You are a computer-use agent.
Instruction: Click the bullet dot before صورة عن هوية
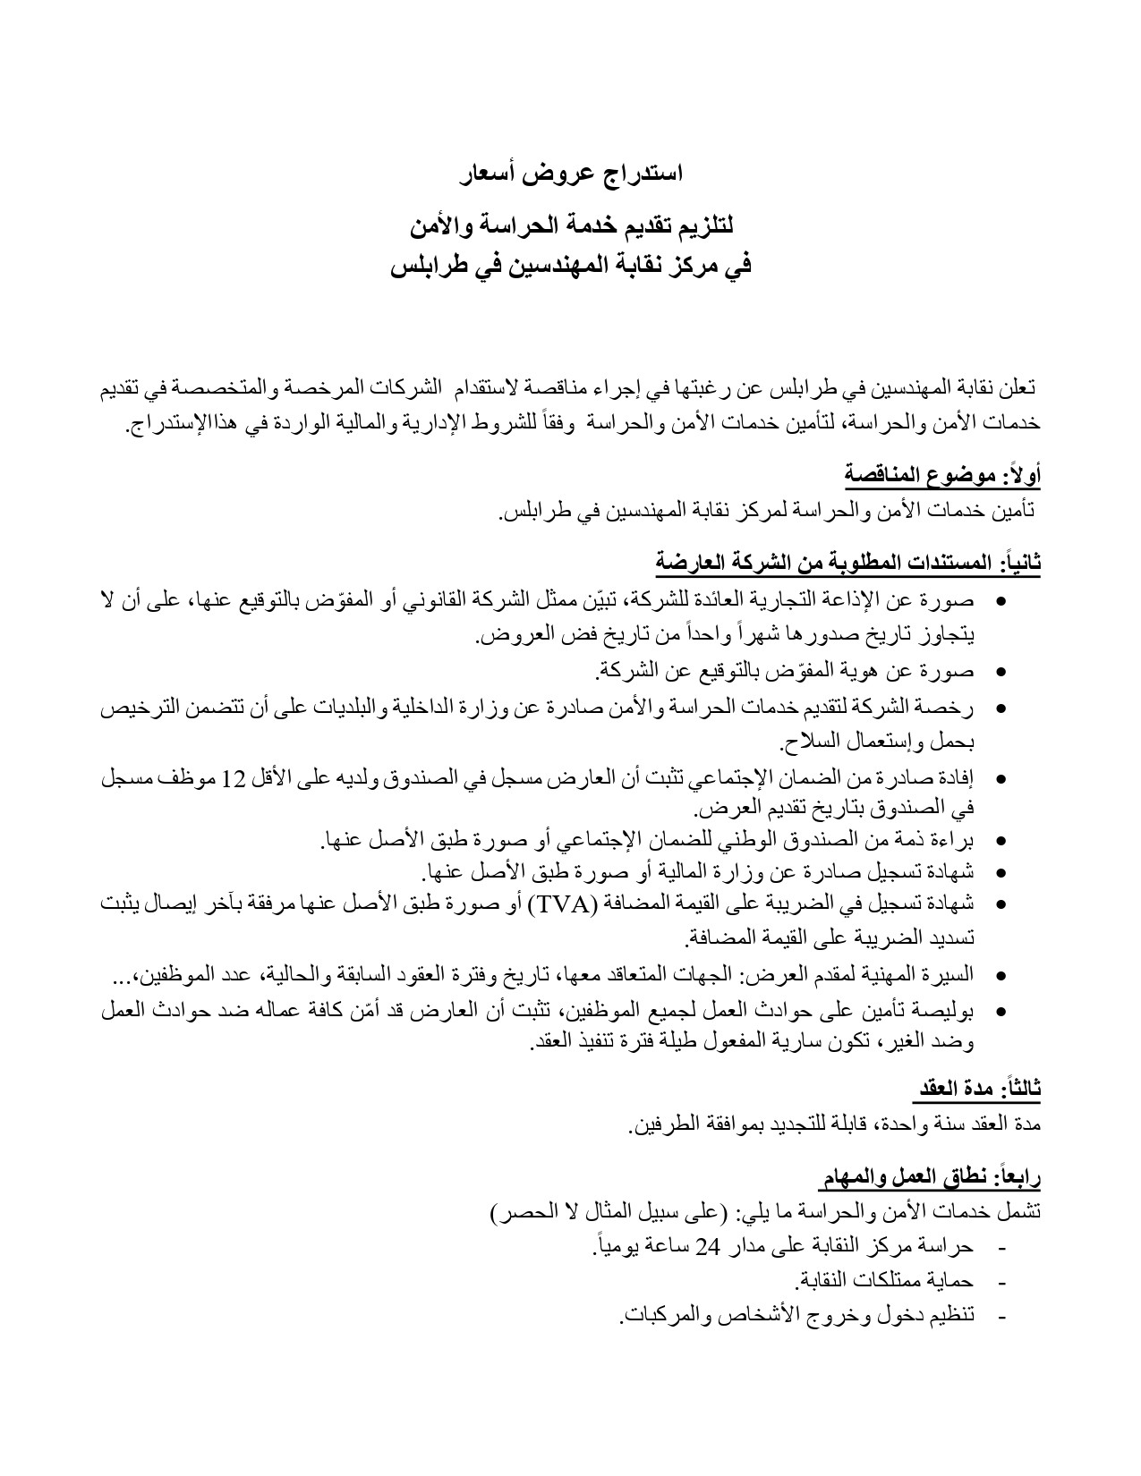point(1001,671)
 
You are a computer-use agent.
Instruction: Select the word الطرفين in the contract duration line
point(662,1124)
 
